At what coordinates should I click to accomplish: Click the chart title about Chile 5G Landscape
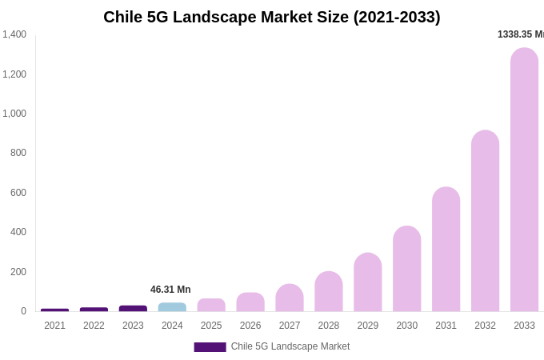[x=272, y=17]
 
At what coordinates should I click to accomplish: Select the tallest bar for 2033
[x=524, y=180]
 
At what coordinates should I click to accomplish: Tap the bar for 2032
[x=485, y=221]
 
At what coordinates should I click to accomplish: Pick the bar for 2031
[x=446, y=250]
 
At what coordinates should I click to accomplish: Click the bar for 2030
[x=406, y=269]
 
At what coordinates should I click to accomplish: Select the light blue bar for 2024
[x=172, y=307]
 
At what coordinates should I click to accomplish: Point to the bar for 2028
[x=328, y=292]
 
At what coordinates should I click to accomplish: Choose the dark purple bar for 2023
[x=133, y=308]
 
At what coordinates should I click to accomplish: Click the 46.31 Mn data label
[x=170, y=290]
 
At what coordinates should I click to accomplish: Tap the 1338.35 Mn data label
[x=520, y=34]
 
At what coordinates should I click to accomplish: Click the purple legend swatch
[x=210, y=346]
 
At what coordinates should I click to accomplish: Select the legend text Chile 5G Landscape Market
[x=290, y=346]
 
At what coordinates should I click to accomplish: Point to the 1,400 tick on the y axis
[x=14, y=34]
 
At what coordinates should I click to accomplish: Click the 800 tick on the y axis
[x=18, y=153]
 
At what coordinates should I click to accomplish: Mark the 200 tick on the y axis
[x=18, y=272]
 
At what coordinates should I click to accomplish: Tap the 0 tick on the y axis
[x=23, y=311]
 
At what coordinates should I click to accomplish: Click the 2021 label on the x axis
[x=54, y=326]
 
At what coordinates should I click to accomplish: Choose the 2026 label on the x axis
[x=250, y=326]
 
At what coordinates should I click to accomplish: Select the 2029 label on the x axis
[x=367, y=326]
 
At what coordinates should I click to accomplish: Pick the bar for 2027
[x=290, y=298]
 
